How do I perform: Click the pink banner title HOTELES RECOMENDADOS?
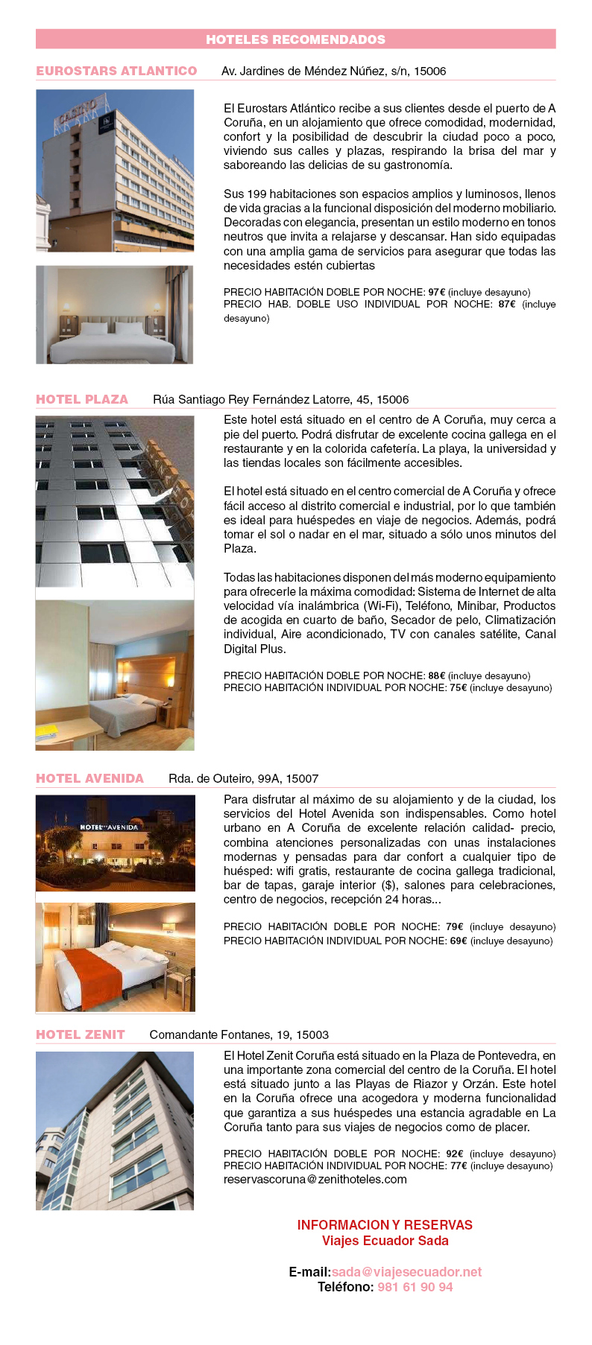[x=295, y=39]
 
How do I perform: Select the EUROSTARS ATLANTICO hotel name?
[x=116, y=71]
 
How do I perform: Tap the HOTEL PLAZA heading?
[x=82, y=399]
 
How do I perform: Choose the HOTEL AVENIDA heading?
[x=89, y=778]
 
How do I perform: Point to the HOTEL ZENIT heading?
[x=81, y=1034]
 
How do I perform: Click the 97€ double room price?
[x=436, y=292]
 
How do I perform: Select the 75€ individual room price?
[x=458, y=687]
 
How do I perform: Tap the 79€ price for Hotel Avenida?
[x=454, y=926]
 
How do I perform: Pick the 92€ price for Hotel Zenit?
[x=455, y=1154]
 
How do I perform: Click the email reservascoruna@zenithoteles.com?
[x=315, y=1179]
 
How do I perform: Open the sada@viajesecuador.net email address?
[x=406, y=1272]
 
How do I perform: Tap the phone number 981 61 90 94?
[x=415, y=1287]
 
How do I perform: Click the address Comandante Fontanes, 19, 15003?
[x=239, y=1034]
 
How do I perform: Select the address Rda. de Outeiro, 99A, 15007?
[x=243, y=778]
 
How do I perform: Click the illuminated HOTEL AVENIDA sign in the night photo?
[x=109, y=827]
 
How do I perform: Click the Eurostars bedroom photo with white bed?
[x=114, y=315]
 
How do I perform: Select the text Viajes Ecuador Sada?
[x=385, y=1241]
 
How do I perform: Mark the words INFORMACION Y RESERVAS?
[x=385, y=1225]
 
